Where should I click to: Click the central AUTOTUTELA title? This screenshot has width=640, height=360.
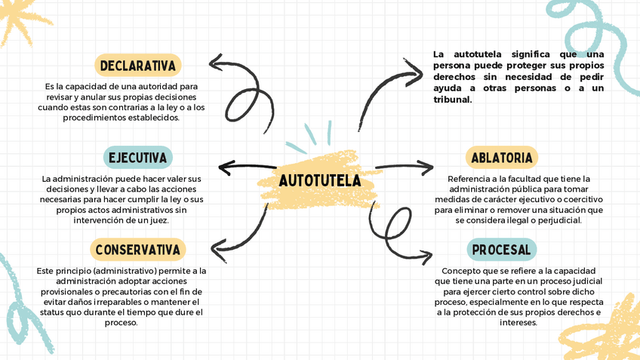(319, 181)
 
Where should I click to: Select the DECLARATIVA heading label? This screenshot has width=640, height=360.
(138, 66)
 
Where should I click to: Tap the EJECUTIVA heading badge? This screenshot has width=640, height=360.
(137, 158)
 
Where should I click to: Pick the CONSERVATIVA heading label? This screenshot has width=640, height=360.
(138, 250)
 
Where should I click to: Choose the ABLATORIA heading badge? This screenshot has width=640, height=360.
(502, 158)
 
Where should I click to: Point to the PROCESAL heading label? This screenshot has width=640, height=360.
(501, 250)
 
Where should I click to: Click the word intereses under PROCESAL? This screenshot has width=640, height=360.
(518, 322)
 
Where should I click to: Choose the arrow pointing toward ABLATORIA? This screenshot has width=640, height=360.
(405, 166)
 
